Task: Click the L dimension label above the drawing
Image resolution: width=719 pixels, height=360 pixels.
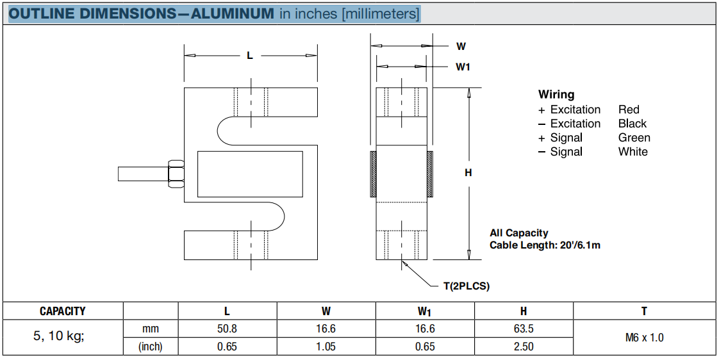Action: tap(250, 55)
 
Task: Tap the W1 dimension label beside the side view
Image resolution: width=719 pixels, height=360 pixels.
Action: tap(463, 67)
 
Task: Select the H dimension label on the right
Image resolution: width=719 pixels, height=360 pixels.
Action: tap(468, 172)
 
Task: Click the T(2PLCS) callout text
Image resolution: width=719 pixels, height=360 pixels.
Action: tap(467, 286)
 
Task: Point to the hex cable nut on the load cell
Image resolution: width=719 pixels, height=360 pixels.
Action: tap(175, 174)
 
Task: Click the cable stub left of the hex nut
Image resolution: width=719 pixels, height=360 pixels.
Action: tap(142, 174)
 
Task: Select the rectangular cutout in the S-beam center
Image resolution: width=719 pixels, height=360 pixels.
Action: tap(250, 174)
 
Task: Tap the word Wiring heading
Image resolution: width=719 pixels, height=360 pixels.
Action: tap(556, 95)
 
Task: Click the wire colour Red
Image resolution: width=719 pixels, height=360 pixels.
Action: tap(629, 110)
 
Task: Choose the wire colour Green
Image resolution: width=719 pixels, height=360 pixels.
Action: tap(634, 138)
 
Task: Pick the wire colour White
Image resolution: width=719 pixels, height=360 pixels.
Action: tap(632, 152)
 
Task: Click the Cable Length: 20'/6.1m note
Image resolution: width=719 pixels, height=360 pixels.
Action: tap(545, 245)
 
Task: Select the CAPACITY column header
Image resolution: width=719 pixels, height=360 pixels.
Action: tap(63, 311)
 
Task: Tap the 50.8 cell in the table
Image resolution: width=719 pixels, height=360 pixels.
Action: tap(227, 329)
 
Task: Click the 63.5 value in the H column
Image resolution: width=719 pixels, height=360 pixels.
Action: tap(523, 329)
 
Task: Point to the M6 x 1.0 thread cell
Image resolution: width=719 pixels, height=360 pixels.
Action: tap(644, 338)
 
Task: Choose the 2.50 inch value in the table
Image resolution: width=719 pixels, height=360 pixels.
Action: tap(523, 347)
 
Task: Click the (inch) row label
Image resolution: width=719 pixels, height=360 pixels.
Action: tap(151, 347)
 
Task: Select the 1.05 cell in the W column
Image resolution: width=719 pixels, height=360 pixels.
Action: tap(326, 347)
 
